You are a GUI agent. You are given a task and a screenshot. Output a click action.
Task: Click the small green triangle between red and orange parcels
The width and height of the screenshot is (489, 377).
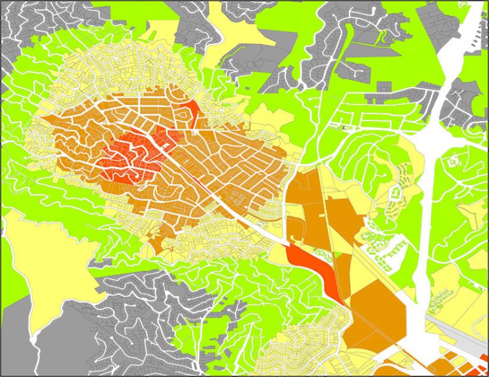coord(336,255)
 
